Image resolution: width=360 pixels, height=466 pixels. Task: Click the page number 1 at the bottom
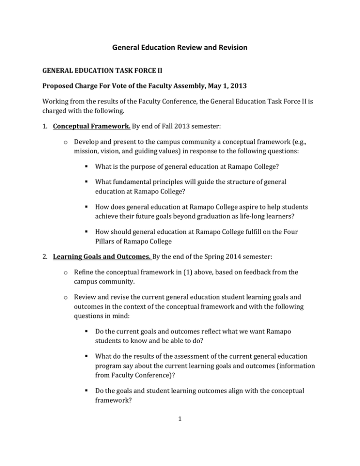180,442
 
